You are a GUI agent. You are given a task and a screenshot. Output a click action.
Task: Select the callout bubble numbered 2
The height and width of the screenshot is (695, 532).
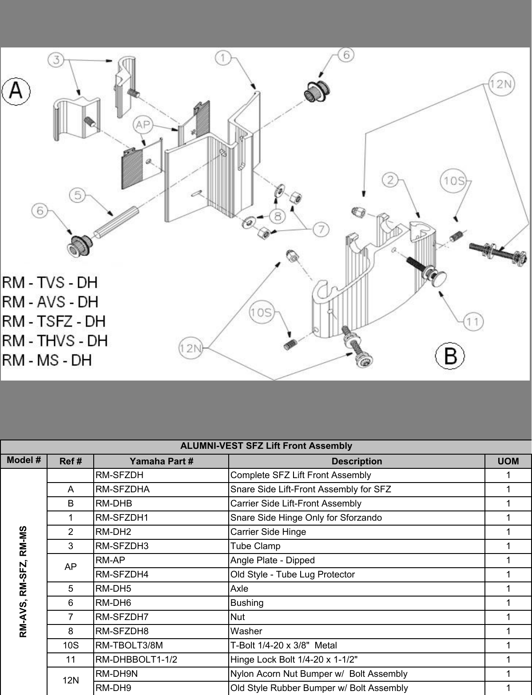[390, 180]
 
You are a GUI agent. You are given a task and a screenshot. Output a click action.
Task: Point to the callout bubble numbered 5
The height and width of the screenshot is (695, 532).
[78, 195]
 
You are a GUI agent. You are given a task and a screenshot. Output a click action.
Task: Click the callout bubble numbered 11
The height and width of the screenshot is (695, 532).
[472, 321]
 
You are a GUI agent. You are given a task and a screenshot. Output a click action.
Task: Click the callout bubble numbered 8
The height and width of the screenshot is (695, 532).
[278, 216]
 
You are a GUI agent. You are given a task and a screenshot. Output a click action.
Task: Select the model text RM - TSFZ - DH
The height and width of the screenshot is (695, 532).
[54, 322]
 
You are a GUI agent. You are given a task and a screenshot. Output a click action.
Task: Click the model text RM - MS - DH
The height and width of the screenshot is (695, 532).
[47, 360]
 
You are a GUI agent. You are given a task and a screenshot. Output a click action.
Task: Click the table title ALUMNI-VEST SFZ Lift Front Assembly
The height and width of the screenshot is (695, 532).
[266, 446]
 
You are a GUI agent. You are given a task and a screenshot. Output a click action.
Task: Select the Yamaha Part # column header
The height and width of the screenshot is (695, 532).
[161, 461]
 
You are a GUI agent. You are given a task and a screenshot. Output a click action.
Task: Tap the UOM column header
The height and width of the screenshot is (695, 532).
[508, 461]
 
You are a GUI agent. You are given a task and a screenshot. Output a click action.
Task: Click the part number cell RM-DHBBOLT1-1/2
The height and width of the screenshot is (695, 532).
[136, 660]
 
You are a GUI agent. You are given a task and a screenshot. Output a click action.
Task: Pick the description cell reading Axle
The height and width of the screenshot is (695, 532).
[239, 589]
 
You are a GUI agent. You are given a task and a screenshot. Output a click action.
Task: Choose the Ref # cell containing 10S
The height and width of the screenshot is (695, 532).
[71, 645]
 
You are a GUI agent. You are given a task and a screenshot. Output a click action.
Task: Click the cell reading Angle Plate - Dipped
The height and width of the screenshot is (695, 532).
[272, 560]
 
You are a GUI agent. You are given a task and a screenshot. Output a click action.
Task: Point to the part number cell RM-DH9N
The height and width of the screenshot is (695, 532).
[117, 674]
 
